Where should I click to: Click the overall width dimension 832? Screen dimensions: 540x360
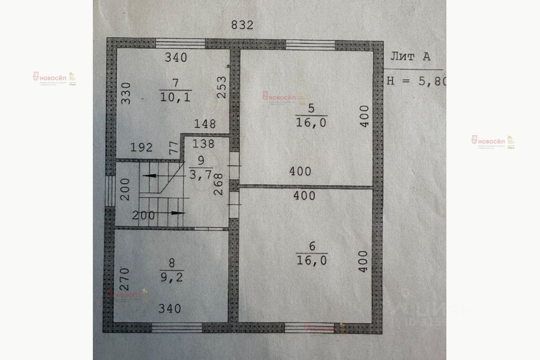click(242, 25)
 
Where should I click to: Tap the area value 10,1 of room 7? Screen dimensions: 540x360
click(175, 97)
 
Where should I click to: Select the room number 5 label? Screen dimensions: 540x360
click(311, 108)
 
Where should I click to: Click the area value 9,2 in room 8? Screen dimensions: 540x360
click(172, 277)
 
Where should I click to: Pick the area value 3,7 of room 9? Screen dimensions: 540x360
click(201, 175)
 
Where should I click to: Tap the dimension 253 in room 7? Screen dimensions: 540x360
click(222, 87)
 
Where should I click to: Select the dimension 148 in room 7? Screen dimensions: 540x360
click(205, 124)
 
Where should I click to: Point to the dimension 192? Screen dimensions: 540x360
click(141, 147)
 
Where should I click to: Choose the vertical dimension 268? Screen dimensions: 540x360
click(219, 184)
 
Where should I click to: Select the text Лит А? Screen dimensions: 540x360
click(410, 57)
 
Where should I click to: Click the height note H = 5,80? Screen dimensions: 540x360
click(416, 81)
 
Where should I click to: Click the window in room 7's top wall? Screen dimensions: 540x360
click(181, 43)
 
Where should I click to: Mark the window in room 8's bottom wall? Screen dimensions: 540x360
click(177, 328)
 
